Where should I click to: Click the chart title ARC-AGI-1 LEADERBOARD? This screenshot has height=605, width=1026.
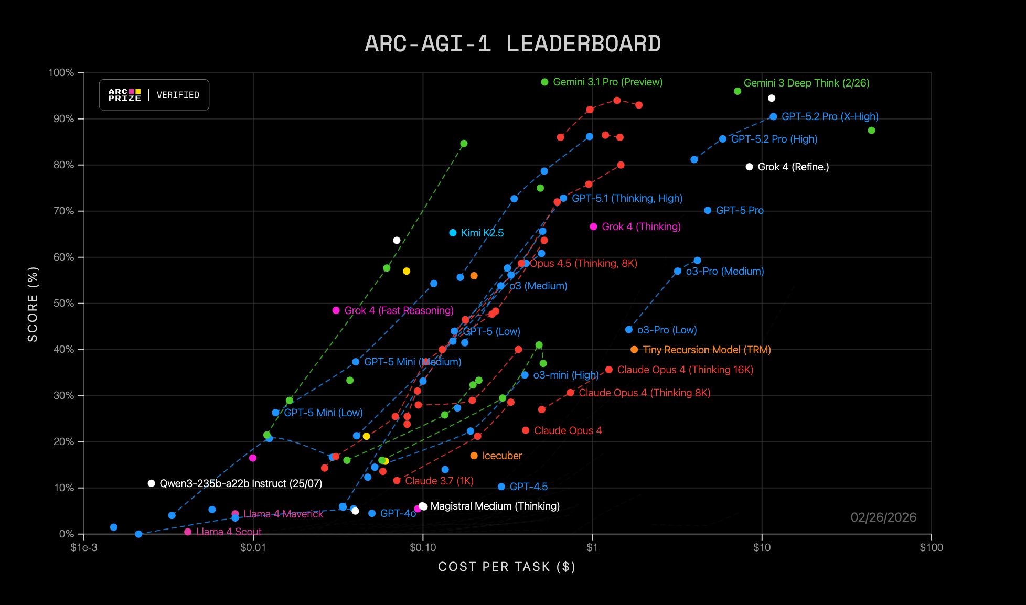tap(512, 44)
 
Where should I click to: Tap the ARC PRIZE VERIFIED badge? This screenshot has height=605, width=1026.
tap(154, 95)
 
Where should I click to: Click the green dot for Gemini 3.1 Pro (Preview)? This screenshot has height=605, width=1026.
tap(544, 82)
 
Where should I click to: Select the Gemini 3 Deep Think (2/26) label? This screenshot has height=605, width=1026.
tap(806, 83)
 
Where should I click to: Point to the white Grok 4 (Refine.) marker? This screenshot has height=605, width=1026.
tap(749, 167)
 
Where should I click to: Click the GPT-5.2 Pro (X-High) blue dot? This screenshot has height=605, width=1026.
tap(773, 117)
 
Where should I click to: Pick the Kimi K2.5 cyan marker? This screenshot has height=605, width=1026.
tap(453, 233)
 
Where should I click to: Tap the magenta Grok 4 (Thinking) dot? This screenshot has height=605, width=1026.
tap(593, 227)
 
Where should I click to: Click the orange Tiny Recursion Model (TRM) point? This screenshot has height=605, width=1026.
tap(634, 350)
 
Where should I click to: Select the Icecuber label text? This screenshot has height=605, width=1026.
tap(502, 456)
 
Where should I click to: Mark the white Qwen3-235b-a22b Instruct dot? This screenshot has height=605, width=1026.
tap(151, 483)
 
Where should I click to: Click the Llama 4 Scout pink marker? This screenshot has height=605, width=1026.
tap(188, 532)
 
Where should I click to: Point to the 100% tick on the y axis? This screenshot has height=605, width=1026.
tap(61, 73)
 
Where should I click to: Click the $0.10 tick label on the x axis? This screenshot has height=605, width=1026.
tap(423, 548)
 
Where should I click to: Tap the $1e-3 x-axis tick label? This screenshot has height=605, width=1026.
tap(84, 548)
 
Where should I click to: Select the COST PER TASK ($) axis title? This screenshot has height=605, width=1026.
tap(507, 567)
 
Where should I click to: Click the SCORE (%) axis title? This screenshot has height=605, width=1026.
tap(33, 304)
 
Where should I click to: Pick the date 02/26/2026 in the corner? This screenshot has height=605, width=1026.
tap(883, 517)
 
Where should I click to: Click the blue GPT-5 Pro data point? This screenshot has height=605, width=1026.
tap(708, 211)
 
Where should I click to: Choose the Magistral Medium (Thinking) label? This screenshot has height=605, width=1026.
tap(495, 506)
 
